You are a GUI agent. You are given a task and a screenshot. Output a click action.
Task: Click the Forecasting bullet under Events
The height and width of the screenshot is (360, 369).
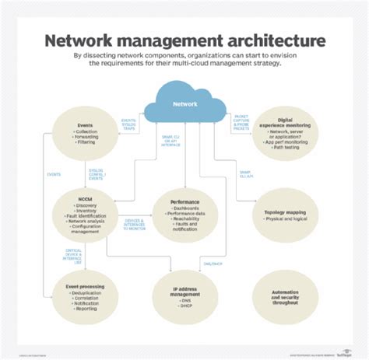(x=91, y=138)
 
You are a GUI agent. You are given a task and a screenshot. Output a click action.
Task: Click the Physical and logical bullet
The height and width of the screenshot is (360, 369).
(x=283, y=218)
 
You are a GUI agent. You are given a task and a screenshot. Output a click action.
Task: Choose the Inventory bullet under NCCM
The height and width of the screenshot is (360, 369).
(x=86, y=211)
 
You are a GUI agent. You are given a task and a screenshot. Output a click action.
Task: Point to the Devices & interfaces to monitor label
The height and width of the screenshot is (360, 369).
(x=135, y=223)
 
